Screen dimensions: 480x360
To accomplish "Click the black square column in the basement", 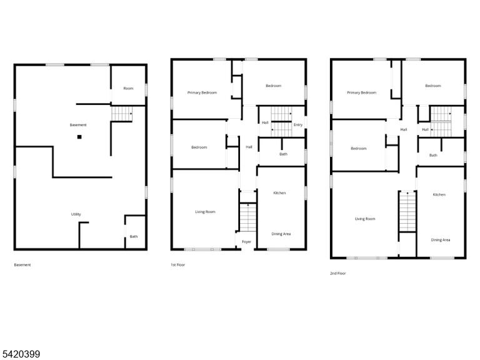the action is tap(79, 137).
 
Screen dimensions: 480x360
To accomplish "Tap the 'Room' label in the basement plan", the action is tap(128, 89).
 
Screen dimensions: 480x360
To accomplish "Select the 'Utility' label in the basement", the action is tap(76, 214).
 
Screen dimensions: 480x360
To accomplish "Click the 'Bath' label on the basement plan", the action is tap(134, 237).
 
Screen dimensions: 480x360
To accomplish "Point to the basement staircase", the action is tap(122, 114).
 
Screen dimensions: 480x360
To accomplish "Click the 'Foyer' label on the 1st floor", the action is tap(246, 242).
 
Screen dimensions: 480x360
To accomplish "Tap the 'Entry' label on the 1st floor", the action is tap(298, 125).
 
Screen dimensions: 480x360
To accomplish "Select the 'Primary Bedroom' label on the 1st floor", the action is tap(202, 92).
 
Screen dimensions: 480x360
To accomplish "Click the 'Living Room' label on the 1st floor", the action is tap(206, 212).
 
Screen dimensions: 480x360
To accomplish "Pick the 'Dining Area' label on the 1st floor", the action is tap(281, 234).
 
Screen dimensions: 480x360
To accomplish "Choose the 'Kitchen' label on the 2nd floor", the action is tap(439, 195).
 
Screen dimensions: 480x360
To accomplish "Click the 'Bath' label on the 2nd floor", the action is tap(433, 156).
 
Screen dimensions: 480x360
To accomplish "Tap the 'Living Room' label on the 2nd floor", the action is tap(365, 219).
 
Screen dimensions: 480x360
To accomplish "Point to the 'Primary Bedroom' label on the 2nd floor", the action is tap(361, 92).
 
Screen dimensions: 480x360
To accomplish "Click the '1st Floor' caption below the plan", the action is tap(178, 265).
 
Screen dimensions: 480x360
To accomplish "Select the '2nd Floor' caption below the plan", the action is tap(338, 273).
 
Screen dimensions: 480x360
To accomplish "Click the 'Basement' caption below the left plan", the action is tap(22, 265).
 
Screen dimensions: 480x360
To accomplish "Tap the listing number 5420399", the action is tap(20, 354).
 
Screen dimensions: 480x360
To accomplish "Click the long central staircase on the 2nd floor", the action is tap(407, 211).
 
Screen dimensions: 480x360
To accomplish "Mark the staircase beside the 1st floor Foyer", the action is tap(247, 217).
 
